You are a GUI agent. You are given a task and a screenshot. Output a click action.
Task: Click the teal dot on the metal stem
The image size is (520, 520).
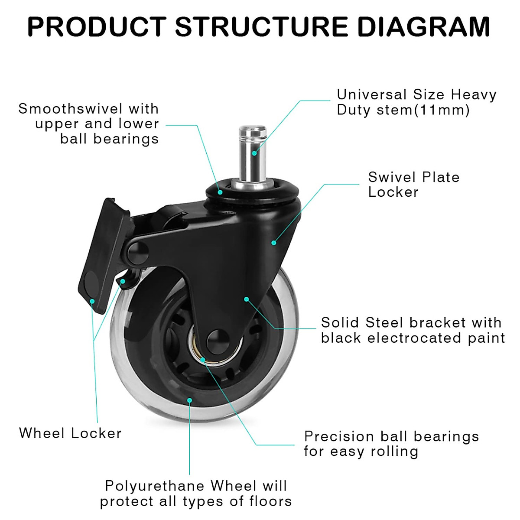click(x=255, y=153)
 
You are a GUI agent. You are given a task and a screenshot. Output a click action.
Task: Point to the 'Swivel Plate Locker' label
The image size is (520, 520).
click(x=413, y=184)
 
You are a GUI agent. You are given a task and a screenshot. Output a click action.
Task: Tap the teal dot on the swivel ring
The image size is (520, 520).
click(x=220, y=192)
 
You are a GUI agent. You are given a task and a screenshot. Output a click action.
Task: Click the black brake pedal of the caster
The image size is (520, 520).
click(x=103, y=256)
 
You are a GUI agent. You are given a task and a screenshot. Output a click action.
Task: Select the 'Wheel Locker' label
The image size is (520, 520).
click(x=70, y=433)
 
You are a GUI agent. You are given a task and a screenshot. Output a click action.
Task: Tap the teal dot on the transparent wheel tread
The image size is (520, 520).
click(x=189, y=400)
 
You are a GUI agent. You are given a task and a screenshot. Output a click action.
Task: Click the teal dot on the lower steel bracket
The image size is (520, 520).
click(x=246, y=299)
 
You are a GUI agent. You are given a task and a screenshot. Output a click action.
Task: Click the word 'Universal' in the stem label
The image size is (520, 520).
click(x=372, y=94)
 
